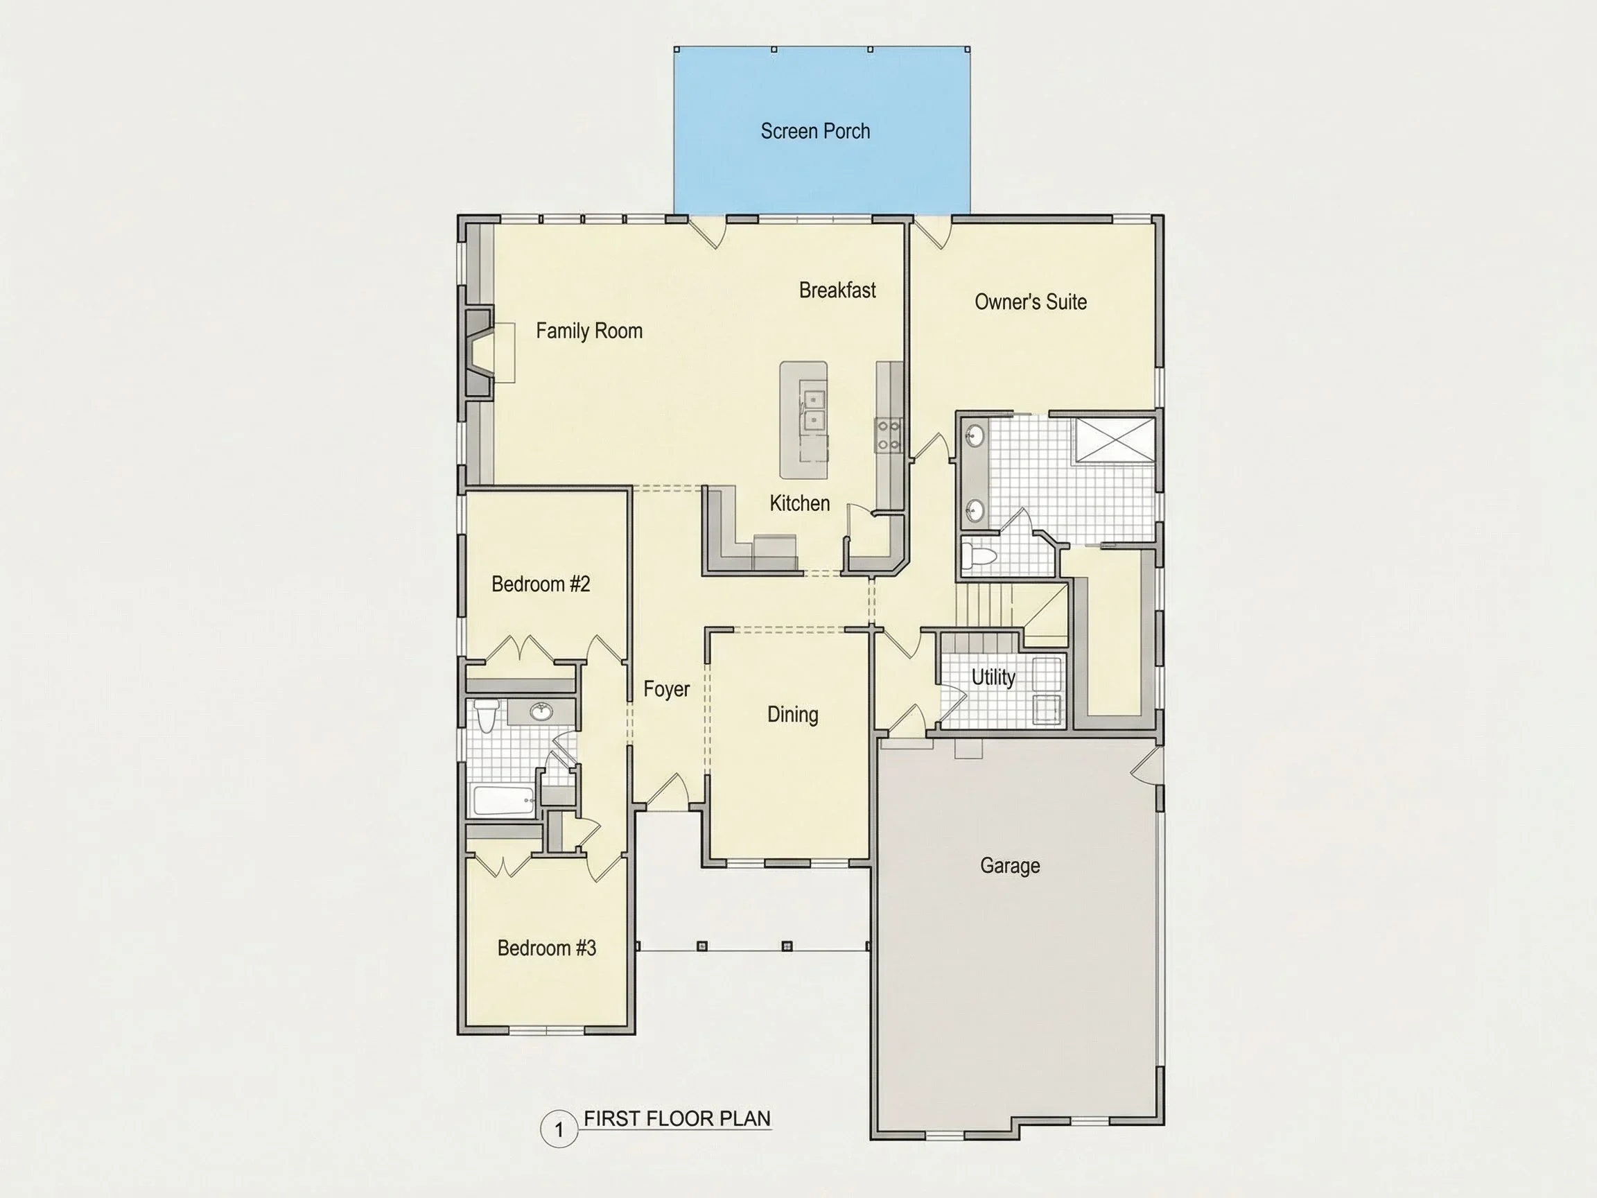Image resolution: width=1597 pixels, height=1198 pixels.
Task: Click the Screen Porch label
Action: click(815, 131)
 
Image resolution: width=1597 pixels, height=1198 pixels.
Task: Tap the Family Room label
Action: click(589, 331)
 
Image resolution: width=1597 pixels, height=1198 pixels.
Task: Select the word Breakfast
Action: click(837, 290)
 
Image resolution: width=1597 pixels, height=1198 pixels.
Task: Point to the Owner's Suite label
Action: click(1030, 302)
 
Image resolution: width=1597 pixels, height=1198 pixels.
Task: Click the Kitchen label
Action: click(799, 503)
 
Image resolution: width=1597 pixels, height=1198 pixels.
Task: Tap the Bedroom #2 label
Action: click(541, 584)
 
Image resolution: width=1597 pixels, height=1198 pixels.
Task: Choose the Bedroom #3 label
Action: click(546, 948)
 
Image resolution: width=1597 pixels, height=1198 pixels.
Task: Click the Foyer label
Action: click(666, 689)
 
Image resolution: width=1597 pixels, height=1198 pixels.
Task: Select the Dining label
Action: click(793, 715)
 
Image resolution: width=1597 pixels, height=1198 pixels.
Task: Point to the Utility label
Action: click(993, 677)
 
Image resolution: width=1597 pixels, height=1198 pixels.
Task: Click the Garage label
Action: click(1010, 865)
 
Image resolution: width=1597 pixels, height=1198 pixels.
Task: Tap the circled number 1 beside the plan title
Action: click(559, 1129)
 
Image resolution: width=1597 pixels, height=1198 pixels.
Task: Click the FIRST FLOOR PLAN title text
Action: click(677, 1118)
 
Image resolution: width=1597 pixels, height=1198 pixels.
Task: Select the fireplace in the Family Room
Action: click(480, 352)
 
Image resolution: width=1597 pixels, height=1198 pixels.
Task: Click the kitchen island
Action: click(803, 420)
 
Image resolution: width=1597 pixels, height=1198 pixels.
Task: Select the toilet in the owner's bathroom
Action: click(979, 556)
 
